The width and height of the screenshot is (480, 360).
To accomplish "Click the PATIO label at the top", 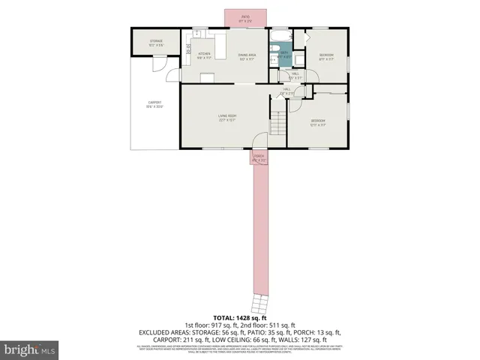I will click(245, 17).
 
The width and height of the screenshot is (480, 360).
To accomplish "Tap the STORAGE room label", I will click(156, 43).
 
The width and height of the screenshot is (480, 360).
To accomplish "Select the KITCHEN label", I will click(203, 55).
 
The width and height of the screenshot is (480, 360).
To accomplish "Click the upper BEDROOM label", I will click(326, 56).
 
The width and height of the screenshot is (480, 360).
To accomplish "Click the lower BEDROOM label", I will click(318, 122).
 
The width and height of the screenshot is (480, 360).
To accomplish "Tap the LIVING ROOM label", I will click(227, 117).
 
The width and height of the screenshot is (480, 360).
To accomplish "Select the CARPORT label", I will click(154, 104).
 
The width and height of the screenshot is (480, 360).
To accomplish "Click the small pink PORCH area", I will click(258, 157).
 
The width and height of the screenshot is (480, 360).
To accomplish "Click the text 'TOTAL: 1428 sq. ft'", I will click(240, 318).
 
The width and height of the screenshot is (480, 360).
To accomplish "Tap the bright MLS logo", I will click(30, 349).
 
